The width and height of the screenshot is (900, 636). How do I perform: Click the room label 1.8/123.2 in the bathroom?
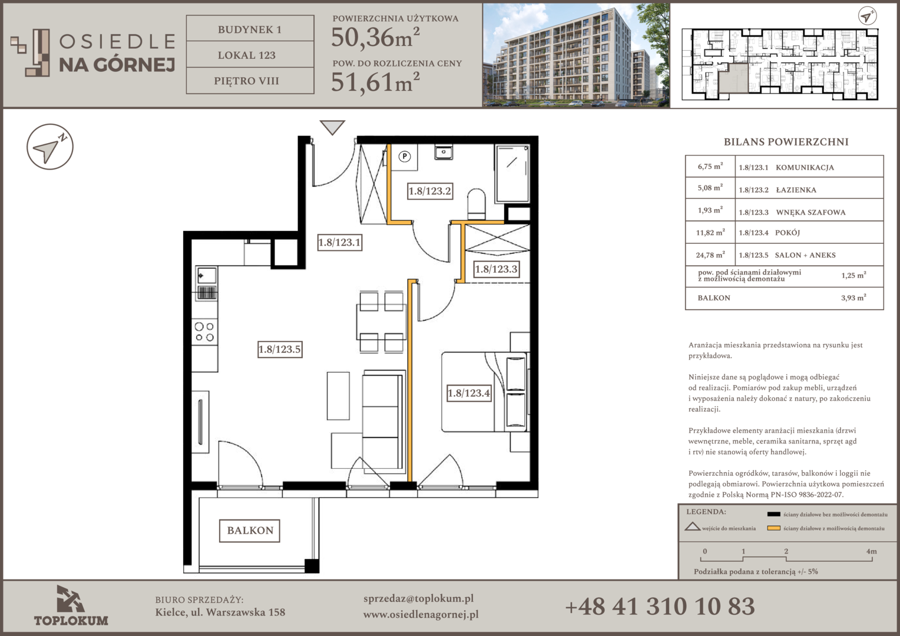click(x=430, y=191)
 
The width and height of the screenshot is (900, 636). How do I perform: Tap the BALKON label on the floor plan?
click(x=250, y=531)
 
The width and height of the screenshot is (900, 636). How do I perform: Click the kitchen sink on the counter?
click(x=207, y=276)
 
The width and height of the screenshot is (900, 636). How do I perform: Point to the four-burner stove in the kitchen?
click(x=204, y=332)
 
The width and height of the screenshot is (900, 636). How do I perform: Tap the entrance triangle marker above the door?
click(x=332, y=127)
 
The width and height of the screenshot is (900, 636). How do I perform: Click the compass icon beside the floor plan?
click(x=50, y=147)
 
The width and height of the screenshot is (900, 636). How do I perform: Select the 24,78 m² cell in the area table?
click(x=710, y=255)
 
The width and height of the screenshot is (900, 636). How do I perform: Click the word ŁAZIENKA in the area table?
click(x=796, y=190)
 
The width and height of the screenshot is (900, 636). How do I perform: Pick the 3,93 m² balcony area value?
click(x=853, y=298)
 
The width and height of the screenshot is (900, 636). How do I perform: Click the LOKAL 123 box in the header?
click(x=250, y=55)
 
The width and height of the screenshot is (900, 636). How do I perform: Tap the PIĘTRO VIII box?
click(x=250, y=81)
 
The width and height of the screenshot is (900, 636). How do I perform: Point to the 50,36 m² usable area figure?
click(x=376, y=37)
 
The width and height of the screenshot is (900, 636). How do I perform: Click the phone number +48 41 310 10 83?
click(x=660, y=607)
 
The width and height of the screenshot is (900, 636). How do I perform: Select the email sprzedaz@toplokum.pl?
click(x=418, y=599)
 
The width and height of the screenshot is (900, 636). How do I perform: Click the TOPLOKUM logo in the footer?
click(x=71, y=605)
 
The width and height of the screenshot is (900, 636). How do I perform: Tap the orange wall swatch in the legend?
click(x=773, y=528)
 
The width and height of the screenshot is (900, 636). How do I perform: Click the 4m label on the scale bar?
click(x=872, y=551)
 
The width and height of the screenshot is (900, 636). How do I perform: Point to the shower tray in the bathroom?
click(x=512, y=174)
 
